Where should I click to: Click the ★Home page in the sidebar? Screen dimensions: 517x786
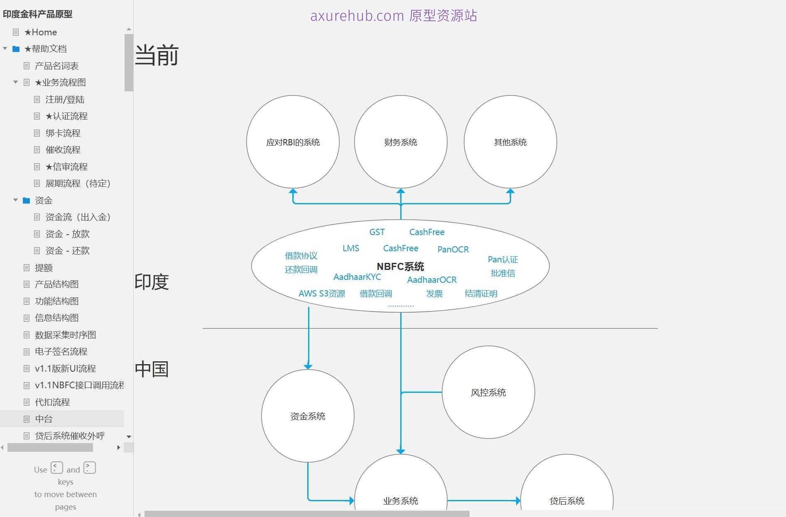[40, 32]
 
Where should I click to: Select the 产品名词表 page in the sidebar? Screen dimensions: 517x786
[56, 66]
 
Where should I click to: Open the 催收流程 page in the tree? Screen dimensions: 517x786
[63, 149]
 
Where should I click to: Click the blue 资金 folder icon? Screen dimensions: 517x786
[26, 200]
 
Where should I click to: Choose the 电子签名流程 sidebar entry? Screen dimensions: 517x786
[61, 351]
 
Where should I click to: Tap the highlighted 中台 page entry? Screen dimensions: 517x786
[44, 419]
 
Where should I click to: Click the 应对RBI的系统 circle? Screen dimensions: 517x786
[293, 142]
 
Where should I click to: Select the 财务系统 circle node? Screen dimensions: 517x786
[401, 142]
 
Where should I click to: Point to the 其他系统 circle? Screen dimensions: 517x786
[510, 142]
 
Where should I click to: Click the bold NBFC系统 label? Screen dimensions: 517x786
[400, 266]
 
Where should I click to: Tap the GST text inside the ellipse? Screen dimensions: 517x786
[377, 232]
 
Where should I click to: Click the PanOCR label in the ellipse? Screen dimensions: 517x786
[453, 249]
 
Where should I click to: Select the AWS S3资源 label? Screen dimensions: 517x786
[322, 293]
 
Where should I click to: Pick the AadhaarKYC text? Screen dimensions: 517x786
[357, 277]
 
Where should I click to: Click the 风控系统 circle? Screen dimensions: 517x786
[488, 392]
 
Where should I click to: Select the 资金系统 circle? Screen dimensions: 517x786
[308, 416]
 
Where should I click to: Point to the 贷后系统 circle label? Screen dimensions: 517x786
[567, 501]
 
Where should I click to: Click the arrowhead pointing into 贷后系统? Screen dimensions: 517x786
[518, 500]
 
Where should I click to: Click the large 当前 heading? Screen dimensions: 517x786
[157, 55]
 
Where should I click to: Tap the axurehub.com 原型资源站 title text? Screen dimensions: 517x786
[394, 16]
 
